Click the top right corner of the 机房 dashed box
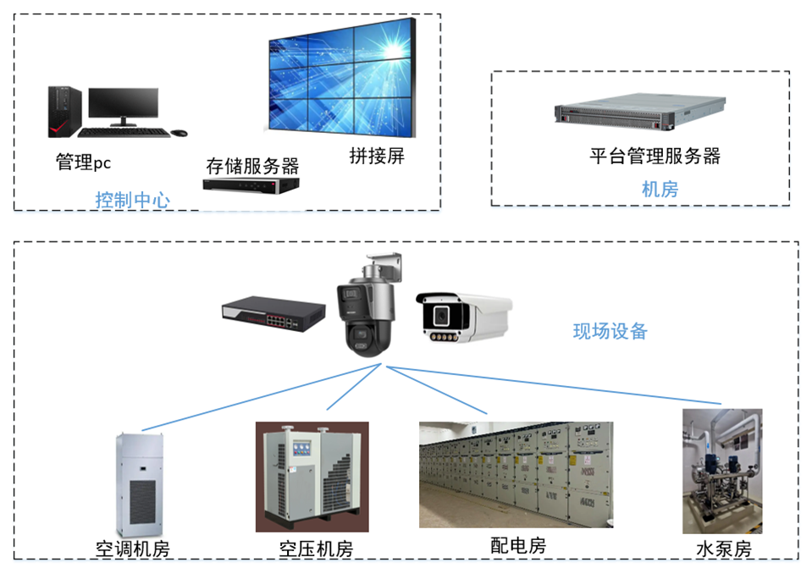coord(789,71)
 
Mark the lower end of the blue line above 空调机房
coord(142,430)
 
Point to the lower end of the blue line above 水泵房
coord(721,403)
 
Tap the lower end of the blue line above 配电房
coord(487,414)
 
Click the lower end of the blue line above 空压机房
coord(327,410)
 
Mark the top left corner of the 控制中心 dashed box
coord(14,14)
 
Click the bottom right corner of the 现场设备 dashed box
coord(798,559)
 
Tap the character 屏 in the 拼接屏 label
coord(395,156)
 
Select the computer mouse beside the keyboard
coord(180,133)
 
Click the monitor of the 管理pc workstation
coord(124,107)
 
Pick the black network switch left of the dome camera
coord(273,314)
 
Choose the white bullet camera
coord(464,317)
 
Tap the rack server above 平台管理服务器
coord(639,112)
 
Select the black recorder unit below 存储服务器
coord(251,185)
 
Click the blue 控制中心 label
coord(133,200)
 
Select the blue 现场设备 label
coord(610,331)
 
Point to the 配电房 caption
coord(518,545)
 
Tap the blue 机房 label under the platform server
coord(660,189)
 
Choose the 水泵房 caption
coord(724,549)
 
